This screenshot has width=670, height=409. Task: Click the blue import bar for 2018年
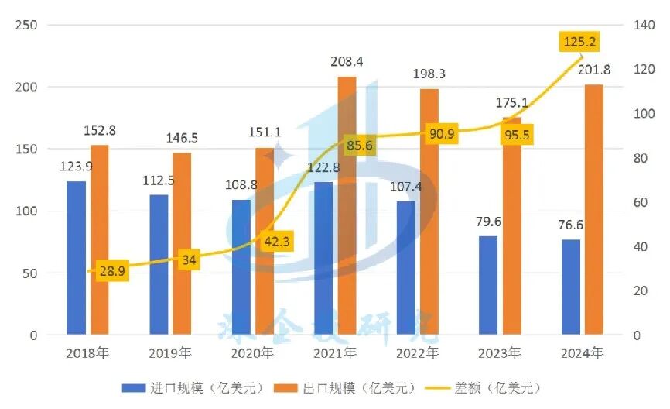(x=77, y=258)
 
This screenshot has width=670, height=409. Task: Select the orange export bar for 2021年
(x=347, y=206)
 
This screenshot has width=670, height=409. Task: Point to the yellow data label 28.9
(x=113, y=272)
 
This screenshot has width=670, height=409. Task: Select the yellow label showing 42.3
(x=277, y=241)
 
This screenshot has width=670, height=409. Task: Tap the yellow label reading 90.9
(x=442, y=134)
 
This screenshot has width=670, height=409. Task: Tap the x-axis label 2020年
(x=252, y=353)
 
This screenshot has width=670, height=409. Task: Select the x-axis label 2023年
(x=499, y=353)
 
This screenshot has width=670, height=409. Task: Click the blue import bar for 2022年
(x=405, y=268)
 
